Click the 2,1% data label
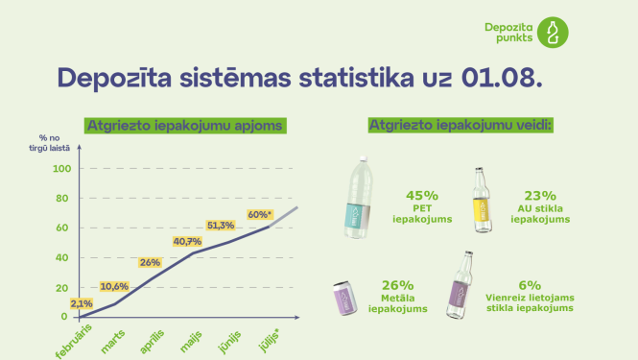coord(82,304)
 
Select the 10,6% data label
coord(114,285)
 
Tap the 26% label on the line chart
coord(150,262)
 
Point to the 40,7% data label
coord(187,242)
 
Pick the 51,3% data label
coord(221,225)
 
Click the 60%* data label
coord(260,214)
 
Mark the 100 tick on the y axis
coord(61,169)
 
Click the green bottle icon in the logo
coord(551,33)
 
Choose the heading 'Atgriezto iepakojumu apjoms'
coord(186,125)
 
